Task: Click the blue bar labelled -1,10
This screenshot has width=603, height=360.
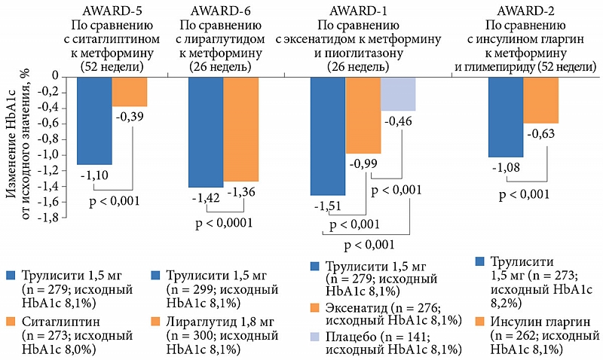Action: pyautogui.click(x=94, y=120)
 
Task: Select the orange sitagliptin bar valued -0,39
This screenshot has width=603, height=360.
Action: pyautogui.click(x=130, y=91)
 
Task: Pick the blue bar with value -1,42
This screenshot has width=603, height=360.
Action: pyautogui.click(x=206, y=132)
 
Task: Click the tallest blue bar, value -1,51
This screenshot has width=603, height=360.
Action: pyautogui.click(x=328, y=136)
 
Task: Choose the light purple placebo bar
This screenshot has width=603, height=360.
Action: pyautogui.click(x=398, y=94)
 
